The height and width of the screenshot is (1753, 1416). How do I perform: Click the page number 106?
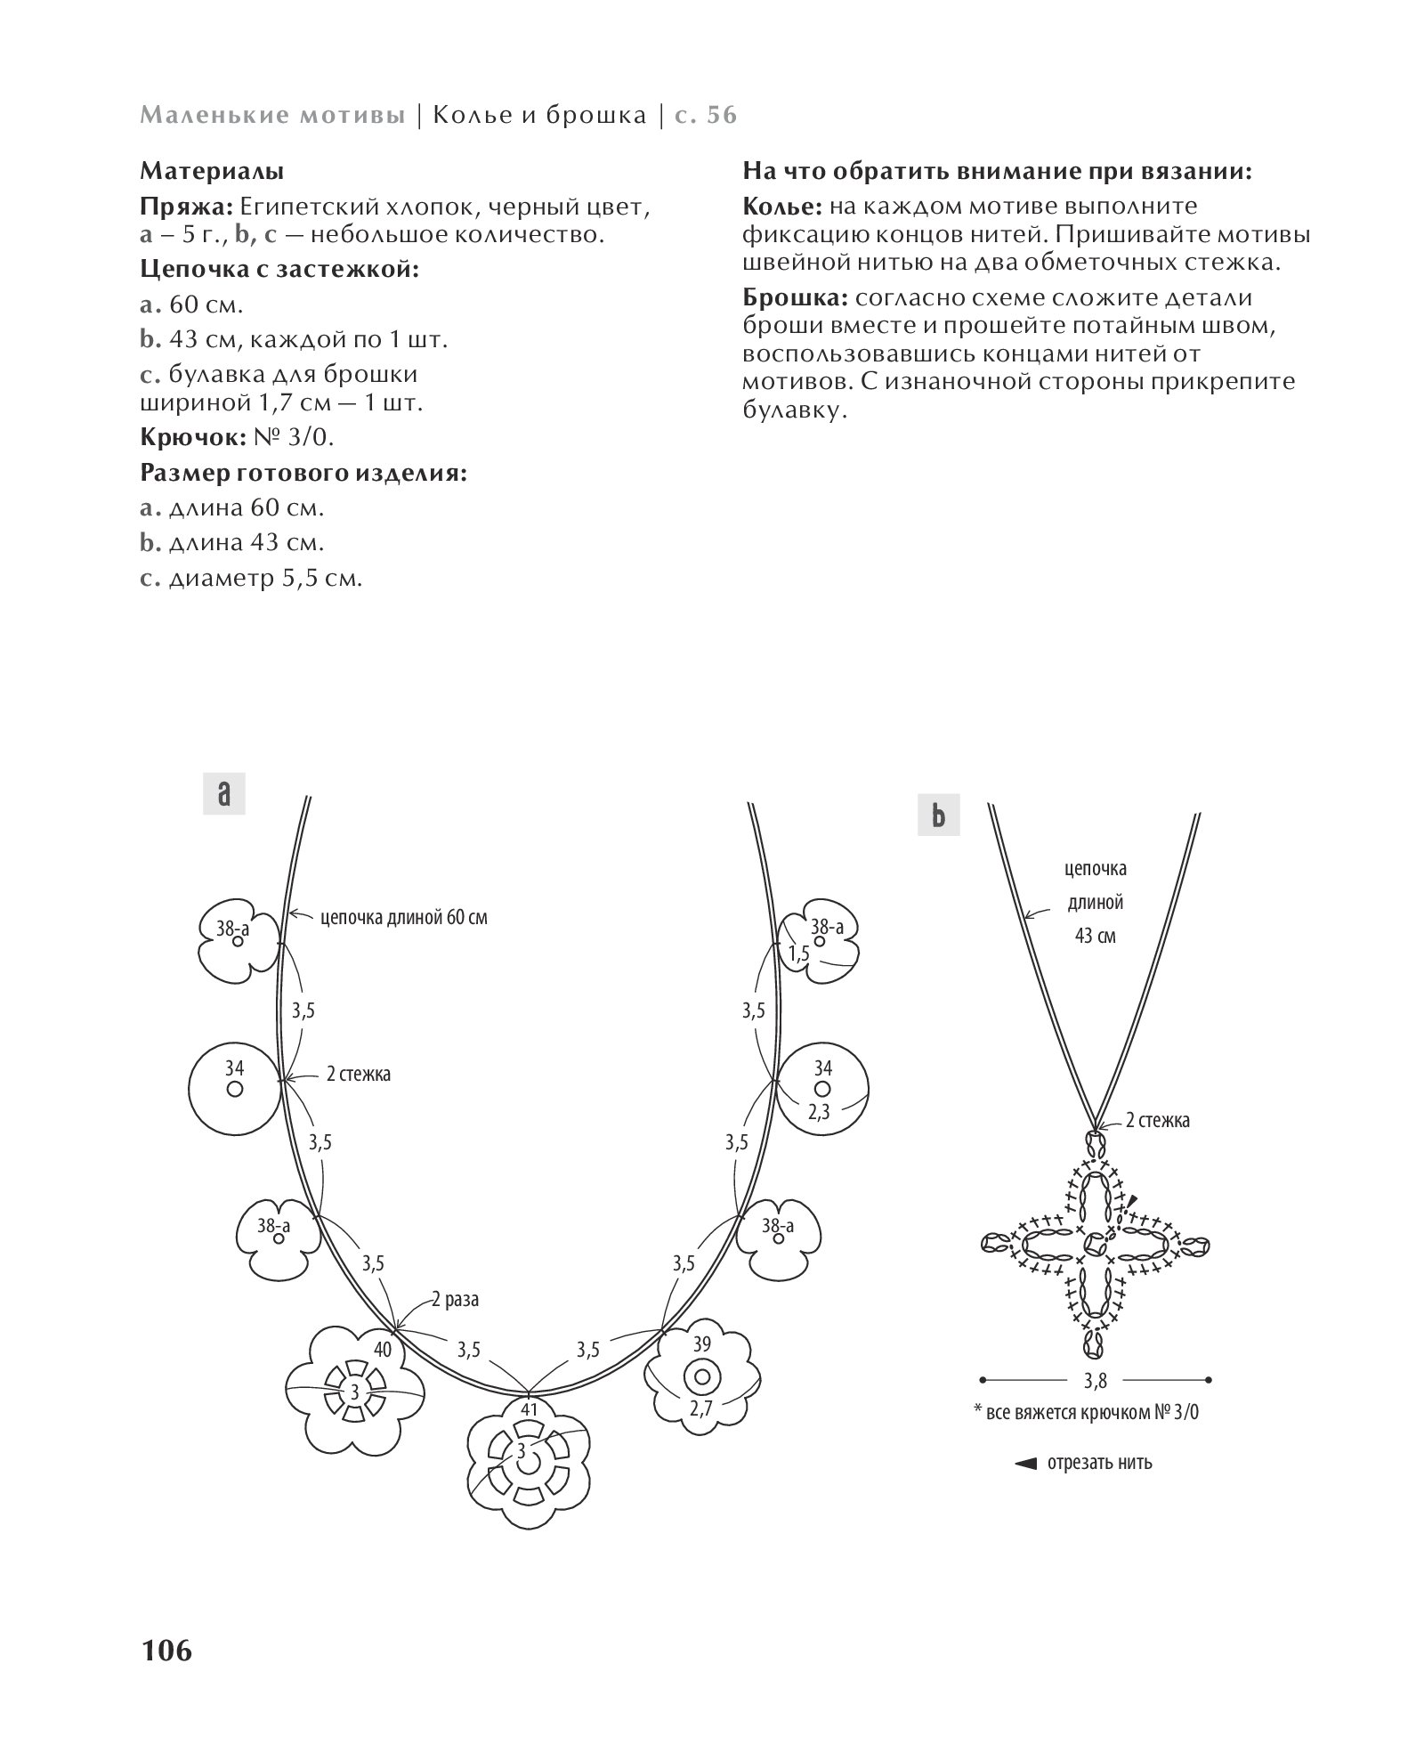point(166,1650)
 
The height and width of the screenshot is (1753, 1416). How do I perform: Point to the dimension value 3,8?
point(1096,1406)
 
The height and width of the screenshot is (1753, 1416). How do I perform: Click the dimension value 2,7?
point(701,1434)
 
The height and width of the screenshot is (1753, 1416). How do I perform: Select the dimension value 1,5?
point(798,954)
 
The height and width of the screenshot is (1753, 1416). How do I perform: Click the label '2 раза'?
point(456,1299)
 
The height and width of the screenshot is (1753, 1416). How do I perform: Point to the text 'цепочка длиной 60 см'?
point(404,916)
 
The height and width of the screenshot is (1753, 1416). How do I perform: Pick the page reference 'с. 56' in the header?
point(707,116)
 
